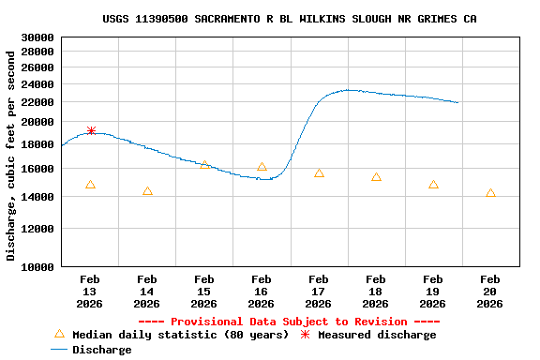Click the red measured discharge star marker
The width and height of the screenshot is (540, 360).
click(x=91, y=131)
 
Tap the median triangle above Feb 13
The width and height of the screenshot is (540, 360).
click(x=90, y=185)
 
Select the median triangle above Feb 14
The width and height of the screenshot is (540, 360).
click(x=147, y=191)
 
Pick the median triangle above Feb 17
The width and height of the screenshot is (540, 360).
click(x=319, y=173)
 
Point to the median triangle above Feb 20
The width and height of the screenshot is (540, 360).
click(x=490, y=193)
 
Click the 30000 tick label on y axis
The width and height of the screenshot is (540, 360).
click(x=37, y=37)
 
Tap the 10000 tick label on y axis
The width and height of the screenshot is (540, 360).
click(x=37, y=267)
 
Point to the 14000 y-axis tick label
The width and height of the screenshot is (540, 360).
click(x=37, y=197)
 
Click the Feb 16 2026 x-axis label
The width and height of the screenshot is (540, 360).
click(x=261, y=292)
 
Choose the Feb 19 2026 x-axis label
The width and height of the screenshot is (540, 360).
click(x=432, y=292)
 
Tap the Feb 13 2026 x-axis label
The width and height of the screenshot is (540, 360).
click(x=90, y=292)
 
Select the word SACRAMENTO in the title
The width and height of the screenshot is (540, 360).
click(x=233, y=19)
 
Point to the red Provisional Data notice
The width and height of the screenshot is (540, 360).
click(x=289, y=322)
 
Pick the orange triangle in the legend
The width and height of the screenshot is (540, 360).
click(x=59, y=334)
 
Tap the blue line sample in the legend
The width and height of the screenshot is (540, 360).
click(x=59, y=350)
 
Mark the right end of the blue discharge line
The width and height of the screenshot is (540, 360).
click(x=457, y=102)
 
